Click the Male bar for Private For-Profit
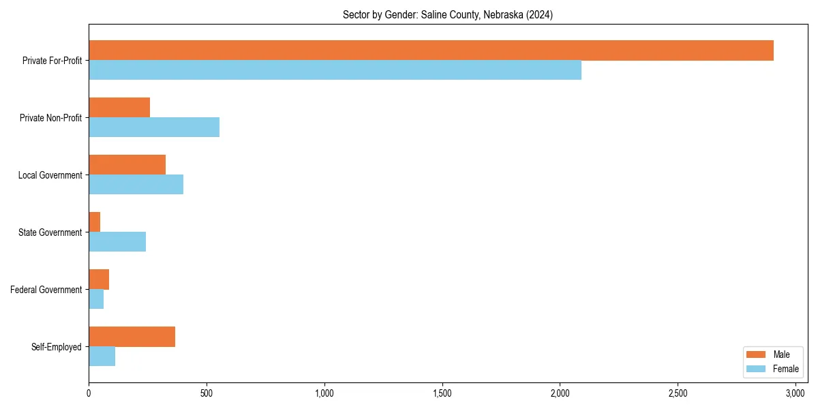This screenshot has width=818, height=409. tap(431, 50)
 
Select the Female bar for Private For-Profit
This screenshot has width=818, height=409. tap(335, 70)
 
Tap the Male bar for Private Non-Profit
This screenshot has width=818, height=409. tap(119, 108)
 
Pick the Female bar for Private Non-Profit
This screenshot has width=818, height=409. tap(154, 127)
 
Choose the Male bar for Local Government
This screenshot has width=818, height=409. tap(127, 165)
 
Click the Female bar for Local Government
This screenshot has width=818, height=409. tap(136, 185)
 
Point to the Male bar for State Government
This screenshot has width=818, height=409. tap(95, 222)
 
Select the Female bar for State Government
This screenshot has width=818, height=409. tap(117, 242)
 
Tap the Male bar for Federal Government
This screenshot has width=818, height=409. tap(99, 279)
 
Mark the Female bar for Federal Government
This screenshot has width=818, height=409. tap(96, 299)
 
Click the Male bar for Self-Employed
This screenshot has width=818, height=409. tap(132, 337)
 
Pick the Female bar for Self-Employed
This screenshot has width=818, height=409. tap(102, 357)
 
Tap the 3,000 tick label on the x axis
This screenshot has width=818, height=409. tap(796, 393)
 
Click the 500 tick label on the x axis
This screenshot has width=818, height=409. tap(207, 393)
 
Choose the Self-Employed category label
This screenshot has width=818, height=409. tap(57, 347)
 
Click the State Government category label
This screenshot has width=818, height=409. tap(50, 232)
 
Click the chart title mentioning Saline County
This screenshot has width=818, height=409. tap(448, 14)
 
